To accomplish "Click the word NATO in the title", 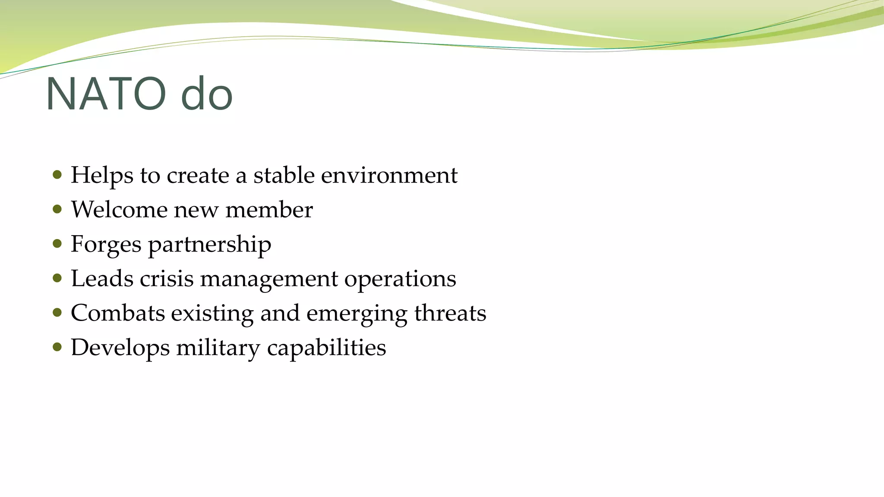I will pyautogui.click(x=106, y=94).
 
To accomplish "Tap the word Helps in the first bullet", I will pyautogui.click(x=102, y=175).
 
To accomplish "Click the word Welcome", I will pyautogui.click(x=119, y=210).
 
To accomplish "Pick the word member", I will pyautogui.click(x=269, y=210).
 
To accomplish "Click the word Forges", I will pyautogui.click(x=106, y=244).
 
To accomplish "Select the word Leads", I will pyautogui.click(x=102, y=279).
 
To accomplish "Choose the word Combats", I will pyautogui.click(x=117, y=313).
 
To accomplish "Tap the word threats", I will pyautogui.click(x=450, y=313).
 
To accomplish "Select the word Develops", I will pyautogui.click(x=120, y=348).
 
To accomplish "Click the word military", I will pyautogui.click(x=218, y=348).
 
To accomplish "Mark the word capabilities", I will pyautogui.click(x=326, y=348).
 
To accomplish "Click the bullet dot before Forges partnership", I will pyautogui.click(x=57, y=244).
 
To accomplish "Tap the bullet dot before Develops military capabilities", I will pyautogui.click(x=57, y=347).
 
